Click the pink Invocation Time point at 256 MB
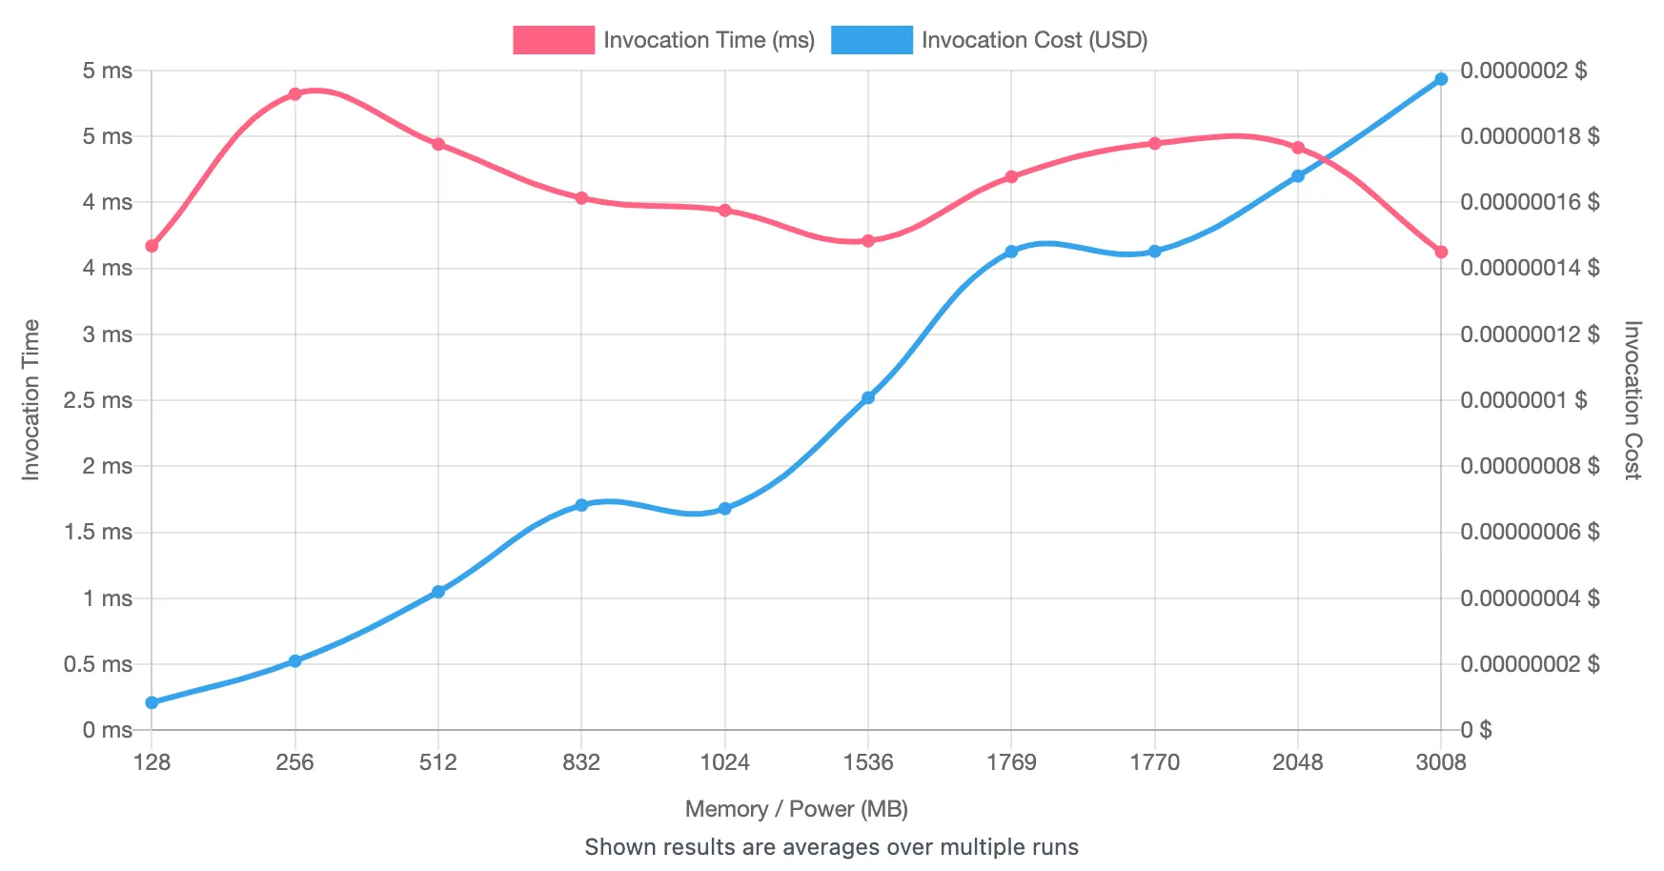point(294,94)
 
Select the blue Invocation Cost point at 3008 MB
point(1441,79)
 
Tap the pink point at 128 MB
point(152,246)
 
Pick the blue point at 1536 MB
point(868,397)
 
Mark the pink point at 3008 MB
point(1441,253)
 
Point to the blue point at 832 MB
point(581,505)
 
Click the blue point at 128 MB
point(152,702)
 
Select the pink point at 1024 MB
point(725,211)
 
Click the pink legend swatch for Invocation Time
point(553,40)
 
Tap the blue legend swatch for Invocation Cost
point(871,40)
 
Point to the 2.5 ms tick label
point(98,400)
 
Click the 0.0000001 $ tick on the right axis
point(1523,400)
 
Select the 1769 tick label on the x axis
point(1011,762)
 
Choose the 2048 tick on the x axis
point(1298,762)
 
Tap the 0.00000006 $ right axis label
point(1529,532)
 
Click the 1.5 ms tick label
point(98,532)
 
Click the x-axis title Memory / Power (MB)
point(796,809)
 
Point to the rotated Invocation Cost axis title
point(1633,400)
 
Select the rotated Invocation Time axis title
point(31,400)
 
